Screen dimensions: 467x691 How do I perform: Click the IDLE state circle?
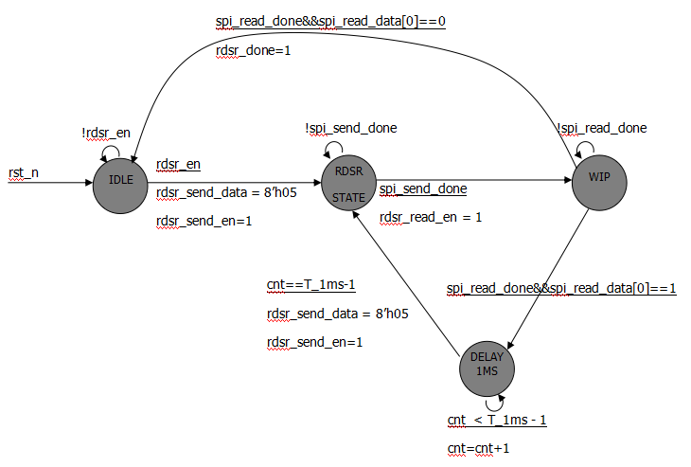tap(120, 180)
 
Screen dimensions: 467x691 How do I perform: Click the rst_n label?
tap(23, 172)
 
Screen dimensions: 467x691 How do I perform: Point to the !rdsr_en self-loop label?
tap(106, 134)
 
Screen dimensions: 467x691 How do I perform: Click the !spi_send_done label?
tap(350, 129)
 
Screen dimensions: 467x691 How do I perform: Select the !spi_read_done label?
tap(601, 129)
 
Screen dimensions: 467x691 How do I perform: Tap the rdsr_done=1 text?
tap(254, 51)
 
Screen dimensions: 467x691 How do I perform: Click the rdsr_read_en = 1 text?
tap(431, 218)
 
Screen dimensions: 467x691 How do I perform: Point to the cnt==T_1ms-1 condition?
tap(310, 284)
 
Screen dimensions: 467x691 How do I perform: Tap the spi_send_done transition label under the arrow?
tap(423, 189)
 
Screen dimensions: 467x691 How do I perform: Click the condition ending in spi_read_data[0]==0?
tap(330, 20)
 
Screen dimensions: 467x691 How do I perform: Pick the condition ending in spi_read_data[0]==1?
tap(561, 288)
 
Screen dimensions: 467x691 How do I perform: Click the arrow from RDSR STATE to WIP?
tap(473, 180)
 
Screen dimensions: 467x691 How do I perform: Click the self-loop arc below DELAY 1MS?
tap(487, 404)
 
